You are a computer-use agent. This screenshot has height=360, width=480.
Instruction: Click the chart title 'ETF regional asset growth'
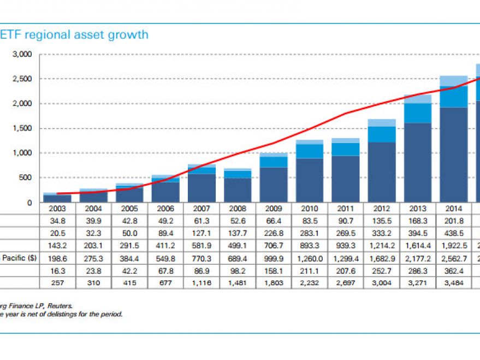click(74, 35)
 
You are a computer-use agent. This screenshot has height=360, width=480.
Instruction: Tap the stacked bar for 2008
click(239, 186)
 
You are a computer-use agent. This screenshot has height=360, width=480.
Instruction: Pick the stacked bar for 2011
click(346, 172)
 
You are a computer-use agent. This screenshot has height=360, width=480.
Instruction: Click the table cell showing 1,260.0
click(310, 258)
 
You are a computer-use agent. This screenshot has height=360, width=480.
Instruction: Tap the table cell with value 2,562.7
click(453, 258)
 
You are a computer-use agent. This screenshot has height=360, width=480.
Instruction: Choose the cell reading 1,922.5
click(453, 245)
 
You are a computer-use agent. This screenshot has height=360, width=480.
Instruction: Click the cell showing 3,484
click(453, 283)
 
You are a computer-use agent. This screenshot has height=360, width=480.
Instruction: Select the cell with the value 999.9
click(274, 258)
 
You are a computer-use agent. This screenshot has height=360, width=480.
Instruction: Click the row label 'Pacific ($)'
click(19, 258)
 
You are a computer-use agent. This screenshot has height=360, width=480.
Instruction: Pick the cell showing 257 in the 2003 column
click(57, 283)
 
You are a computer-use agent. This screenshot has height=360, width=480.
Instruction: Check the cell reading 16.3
click(57, 270)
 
